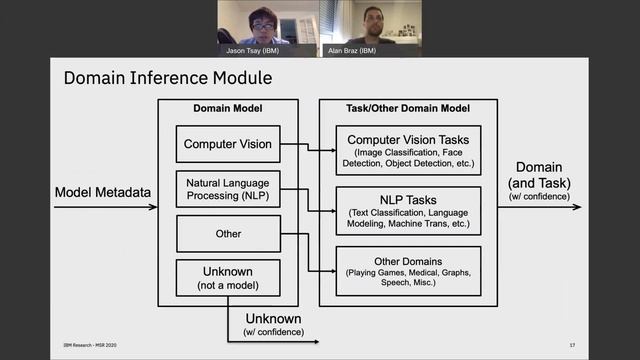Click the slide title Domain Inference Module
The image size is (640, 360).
pos(167,77)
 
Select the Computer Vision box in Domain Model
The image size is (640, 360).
pos(227,145)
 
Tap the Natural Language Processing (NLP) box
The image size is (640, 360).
pos(227,190)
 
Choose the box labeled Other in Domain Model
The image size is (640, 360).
pos(227,234)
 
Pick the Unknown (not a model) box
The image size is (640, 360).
pos(227,277)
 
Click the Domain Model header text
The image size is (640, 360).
pos(227,108)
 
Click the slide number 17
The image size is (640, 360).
pos(572,346)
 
